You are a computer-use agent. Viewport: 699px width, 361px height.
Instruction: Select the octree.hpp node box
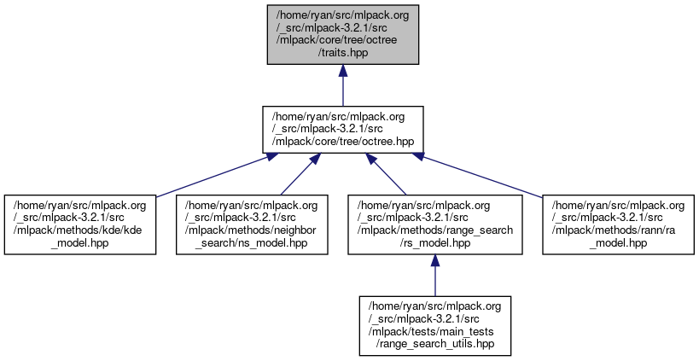point(343,129)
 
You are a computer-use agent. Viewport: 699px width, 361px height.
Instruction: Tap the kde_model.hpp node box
point(79,224)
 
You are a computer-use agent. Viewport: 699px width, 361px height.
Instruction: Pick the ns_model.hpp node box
point(252,224)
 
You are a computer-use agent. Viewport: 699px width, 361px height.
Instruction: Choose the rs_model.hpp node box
point(434,224)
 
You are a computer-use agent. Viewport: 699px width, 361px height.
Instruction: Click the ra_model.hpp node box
point(617,224)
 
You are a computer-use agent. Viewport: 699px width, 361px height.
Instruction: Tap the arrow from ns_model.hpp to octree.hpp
point(297,174)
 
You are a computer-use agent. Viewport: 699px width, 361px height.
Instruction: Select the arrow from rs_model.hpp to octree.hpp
point(389,174)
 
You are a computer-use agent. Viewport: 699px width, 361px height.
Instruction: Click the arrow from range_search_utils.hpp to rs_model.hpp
point(434,277)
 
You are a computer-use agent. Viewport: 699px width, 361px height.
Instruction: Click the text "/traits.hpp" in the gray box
point(343,52)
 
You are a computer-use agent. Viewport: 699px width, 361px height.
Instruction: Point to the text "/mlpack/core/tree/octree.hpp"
point(343,142)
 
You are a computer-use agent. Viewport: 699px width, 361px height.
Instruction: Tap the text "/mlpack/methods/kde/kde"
point(79,230)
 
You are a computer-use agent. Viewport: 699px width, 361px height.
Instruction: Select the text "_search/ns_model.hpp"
point(252,243)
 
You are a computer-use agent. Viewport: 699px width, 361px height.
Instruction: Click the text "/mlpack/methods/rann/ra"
point(617,230)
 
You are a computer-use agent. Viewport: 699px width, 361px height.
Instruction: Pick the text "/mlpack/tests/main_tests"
point(434,332)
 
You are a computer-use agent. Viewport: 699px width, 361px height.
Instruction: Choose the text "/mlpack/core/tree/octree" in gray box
point(343,39)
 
